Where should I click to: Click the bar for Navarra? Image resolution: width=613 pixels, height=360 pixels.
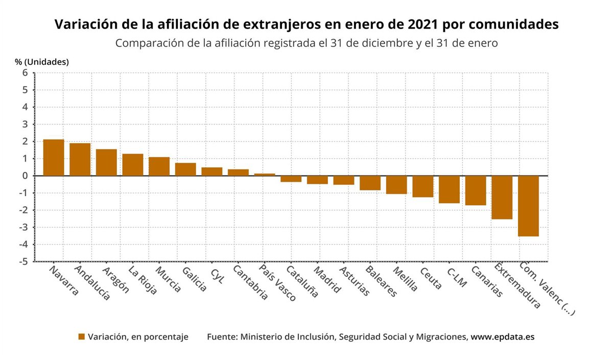point(54,157)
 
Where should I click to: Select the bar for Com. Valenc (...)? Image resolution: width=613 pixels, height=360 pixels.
point(528,206)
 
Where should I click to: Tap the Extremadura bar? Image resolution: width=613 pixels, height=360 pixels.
point(502,197)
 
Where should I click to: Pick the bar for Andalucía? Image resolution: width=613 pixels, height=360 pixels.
point(80,159)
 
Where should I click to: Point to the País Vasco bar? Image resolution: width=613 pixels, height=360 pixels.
point(265,175)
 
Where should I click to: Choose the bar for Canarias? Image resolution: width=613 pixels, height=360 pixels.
point(476,190)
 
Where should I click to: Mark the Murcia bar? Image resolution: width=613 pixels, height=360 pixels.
point(159,166)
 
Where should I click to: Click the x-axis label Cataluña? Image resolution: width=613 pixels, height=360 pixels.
point(302,281)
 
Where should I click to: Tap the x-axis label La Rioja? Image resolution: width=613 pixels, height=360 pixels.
point(143,280)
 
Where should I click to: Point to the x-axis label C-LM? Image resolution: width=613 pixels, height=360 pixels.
point(456,277)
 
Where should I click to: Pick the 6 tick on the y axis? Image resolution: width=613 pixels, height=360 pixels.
point(25,73)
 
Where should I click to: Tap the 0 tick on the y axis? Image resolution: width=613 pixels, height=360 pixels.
point(25,176)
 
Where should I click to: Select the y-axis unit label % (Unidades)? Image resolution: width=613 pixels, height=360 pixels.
point(42,62)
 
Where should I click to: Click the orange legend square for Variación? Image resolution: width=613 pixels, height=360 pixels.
point(81,337)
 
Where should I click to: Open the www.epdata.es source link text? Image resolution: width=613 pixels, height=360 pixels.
point(502,337)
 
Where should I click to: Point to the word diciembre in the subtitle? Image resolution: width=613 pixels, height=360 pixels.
point(383,43)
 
